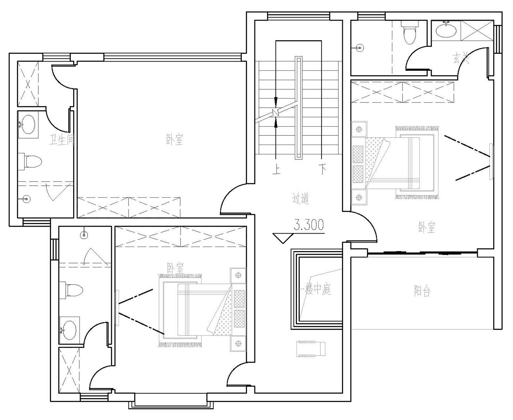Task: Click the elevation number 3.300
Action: (x=309, y=225)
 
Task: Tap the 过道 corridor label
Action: (x=301, y=198)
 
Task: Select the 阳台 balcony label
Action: (x=422, y=291)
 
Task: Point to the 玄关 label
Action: (x=461, y=58)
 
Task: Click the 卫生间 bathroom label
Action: (x=62, y=140)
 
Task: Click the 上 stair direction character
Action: (x=276, y=169)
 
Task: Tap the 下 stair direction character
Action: (x=323, y=169)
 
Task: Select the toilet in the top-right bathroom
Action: (x=410, y=32)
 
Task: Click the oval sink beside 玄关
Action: (x=446, y=30)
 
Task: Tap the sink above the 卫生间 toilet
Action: (x=27, y=124)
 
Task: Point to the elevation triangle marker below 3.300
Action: (x=283, y=238)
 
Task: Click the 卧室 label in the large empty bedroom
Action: (x=175, y=140)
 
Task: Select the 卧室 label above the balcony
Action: (x=427, y=227)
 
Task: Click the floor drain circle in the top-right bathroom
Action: (x=360, y=48)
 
